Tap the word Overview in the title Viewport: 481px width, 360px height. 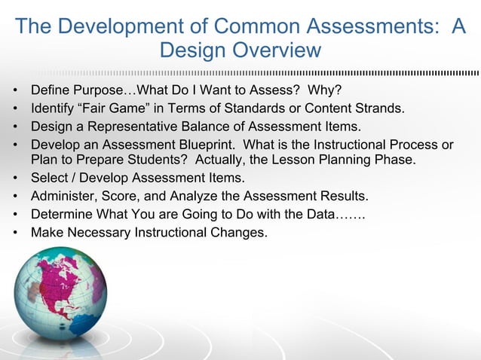coord(277,51)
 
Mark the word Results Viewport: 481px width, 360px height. coord(343,197)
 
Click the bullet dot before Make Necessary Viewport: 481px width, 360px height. coord(15,232)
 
